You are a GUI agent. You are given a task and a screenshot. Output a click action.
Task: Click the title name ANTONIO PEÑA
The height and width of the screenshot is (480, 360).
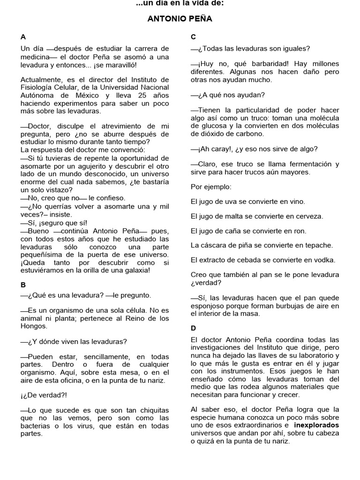point(180,19)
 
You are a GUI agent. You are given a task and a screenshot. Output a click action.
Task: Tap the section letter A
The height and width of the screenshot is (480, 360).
point(23,37)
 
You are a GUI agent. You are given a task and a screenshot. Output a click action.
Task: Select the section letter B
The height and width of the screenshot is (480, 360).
point(23,285)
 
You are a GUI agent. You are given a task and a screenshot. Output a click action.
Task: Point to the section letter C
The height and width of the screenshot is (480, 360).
point(193,37)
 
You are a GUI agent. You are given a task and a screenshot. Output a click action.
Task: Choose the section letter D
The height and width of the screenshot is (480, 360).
point(193,328)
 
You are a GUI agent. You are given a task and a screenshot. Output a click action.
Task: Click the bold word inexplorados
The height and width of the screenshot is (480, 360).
point(316,425)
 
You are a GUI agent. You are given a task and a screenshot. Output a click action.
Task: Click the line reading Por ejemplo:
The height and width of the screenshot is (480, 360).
point(210,187)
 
